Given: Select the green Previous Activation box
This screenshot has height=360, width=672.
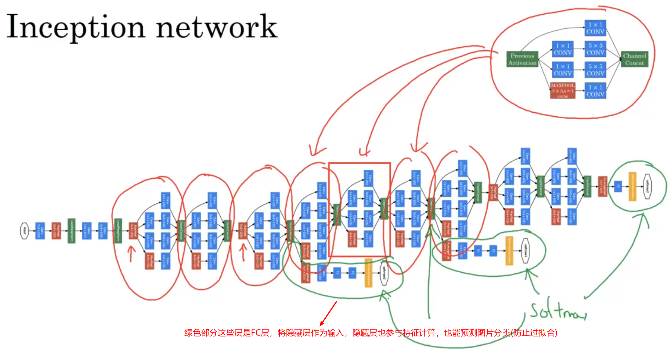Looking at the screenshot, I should pos(522,60).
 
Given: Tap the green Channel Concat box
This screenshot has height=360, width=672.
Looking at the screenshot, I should pos(634,59).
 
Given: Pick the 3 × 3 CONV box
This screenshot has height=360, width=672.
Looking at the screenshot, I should pos(595,49).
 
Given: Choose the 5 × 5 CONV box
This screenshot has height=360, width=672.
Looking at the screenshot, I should pos(595,70).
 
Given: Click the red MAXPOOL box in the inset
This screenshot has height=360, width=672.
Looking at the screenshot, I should pos(563,90).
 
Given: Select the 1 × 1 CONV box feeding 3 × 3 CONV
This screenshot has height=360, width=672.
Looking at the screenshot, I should pos(562,49).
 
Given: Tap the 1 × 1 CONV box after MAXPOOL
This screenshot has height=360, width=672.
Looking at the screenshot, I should pos(595,91).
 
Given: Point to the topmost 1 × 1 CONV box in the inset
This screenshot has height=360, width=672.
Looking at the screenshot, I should pos(595,28).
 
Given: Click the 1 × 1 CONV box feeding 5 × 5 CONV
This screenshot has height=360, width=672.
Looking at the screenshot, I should pos(562,70).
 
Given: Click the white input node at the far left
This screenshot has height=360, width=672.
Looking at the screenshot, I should pos(24,231).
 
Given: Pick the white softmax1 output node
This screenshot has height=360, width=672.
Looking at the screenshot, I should pos(525,250).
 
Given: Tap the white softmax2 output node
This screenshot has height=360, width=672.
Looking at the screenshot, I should pos(647,186).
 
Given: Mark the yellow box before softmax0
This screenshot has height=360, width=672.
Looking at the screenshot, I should pos(368,273).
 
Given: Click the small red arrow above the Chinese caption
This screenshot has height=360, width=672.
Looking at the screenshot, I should pos(328,313).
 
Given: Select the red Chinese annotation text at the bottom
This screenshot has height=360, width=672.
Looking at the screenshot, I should pos(370,333).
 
